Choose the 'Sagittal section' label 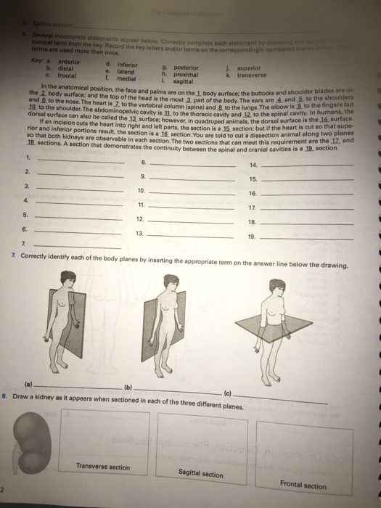pos(201,473)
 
